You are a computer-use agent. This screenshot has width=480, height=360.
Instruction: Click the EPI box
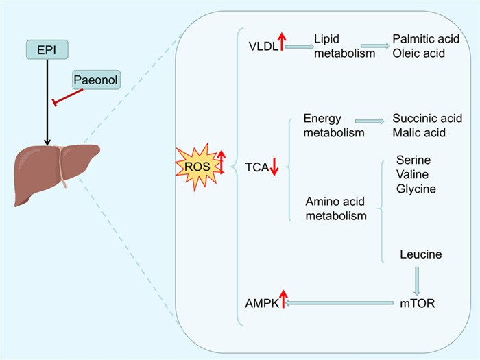(x=45, y=49)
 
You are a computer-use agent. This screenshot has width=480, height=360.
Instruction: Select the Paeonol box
(x=97, y=81)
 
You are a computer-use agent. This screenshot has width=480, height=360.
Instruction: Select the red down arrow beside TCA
(x=273, y=166)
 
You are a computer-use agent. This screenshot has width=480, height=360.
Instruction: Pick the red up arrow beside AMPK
(x=283, y=299)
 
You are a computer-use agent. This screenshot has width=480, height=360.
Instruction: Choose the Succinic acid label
(x=427, y=119)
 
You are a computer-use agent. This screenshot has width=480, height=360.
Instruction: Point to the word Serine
(x=413, y=160)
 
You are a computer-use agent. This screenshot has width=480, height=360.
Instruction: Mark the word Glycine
(x=416, y=188)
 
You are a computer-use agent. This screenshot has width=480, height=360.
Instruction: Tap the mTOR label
(x=416, y=302)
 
